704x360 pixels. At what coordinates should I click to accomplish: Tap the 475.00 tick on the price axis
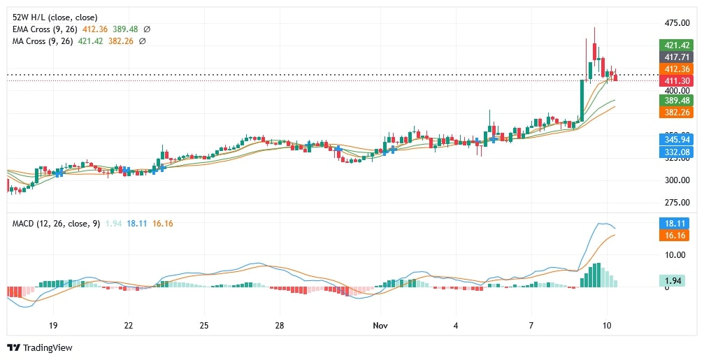tap(677, 22)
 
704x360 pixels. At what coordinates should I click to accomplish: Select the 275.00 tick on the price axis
tap(677, 203)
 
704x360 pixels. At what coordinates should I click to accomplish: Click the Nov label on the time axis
tap(380, 326)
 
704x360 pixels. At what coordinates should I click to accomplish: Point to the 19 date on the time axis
tap(53, 326)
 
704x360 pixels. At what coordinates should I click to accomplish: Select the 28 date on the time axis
tap(279, 326)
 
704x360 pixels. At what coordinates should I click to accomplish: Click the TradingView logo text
tap(48, 347)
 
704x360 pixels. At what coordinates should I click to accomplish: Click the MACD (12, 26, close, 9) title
tap(56, 223)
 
